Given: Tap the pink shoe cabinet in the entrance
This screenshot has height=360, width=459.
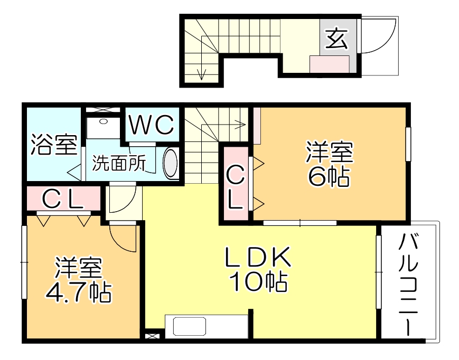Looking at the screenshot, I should coord(329,64).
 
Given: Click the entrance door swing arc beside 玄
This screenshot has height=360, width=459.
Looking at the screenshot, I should coord(379,37).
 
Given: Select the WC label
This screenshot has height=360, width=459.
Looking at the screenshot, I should coord(152,126).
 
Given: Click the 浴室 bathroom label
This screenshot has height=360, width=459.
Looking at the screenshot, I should coord(53,144).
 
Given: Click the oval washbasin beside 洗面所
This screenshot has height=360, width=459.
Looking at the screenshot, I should coord(171,164).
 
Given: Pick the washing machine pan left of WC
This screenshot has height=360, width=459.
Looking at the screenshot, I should coord(104,128).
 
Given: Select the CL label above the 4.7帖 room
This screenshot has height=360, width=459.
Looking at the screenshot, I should coord(62,199).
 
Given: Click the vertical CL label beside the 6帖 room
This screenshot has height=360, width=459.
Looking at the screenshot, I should coord(236,186).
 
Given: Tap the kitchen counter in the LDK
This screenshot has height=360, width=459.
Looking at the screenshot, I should coord(207,326).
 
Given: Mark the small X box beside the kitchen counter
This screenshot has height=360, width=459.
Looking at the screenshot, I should coord(152,335).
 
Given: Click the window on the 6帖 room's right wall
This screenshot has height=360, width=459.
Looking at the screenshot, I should coord(408,144).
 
